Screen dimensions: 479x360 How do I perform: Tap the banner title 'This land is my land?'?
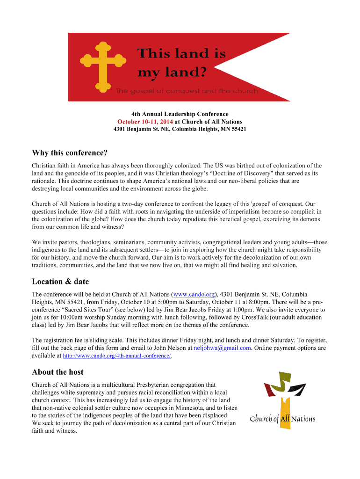(181, 63)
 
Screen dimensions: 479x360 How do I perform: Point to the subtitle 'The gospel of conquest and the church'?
(187, 91)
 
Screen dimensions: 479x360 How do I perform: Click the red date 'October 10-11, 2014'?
(145, 122)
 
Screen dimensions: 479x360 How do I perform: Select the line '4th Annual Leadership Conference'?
(180, 114)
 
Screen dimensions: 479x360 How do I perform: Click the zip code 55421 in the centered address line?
(238, 129)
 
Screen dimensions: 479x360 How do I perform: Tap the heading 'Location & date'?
(60, 282)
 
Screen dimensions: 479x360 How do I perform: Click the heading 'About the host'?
(58, 372)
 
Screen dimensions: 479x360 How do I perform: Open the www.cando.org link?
(194, 294)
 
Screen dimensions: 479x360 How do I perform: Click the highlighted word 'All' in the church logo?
(285, 419)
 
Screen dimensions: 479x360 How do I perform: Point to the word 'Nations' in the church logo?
(303, 419)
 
